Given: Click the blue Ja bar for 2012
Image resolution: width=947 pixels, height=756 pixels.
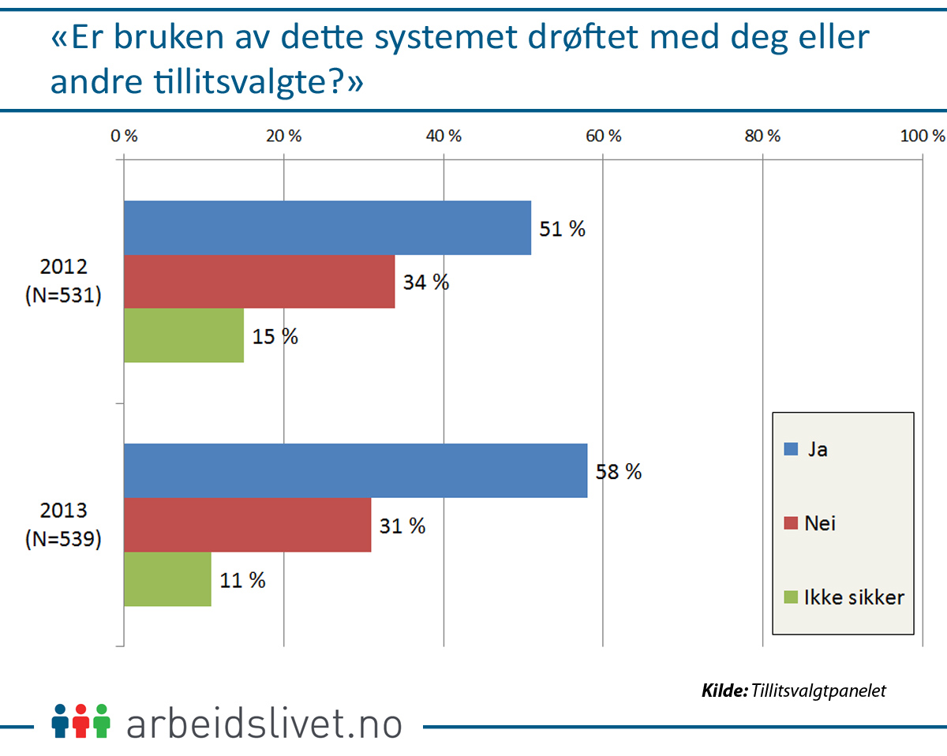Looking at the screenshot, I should [327, 228].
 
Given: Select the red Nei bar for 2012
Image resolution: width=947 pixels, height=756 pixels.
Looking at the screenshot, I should [259, 282].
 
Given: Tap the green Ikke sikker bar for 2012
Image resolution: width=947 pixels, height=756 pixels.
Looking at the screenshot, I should [183, 335].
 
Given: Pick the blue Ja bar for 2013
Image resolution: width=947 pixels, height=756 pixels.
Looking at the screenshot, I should [355, 471].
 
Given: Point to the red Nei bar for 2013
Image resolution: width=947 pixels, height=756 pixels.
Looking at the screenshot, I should [247, 525].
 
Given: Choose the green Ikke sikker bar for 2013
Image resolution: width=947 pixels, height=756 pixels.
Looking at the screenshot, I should [167, 579].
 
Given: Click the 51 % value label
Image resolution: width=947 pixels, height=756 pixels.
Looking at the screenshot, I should [563, 229].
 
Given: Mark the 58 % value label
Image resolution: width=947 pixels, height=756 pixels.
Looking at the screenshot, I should [619, 472].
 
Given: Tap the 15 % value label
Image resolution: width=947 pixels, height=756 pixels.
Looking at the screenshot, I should [275, 336].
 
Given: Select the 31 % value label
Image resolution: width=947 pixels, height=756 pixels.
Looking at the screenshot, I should [402, 526].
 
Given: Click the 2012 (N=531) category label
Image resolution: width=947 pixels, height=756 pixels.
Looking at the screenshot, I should [63, 283].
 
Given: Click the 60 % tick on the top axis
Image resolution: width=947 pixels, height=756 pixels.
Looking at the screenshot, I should [604, 136].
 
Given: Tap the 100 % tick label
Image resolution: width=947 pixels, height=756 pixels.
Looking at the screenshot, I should [922, 136].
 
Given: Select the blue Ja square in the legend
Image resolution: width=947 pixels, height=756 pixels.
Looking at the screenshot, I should [791, 449].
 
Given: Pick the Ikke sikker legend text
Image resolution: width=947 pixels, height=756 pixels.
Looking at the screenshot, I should [854, 597].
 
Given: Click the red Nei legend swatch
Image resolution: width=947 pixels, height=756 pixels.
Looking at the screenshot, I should [791, 523].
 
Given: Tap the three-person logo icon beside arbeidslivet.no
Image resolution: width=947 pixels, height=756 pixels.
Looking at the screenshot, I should [80, 720].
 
